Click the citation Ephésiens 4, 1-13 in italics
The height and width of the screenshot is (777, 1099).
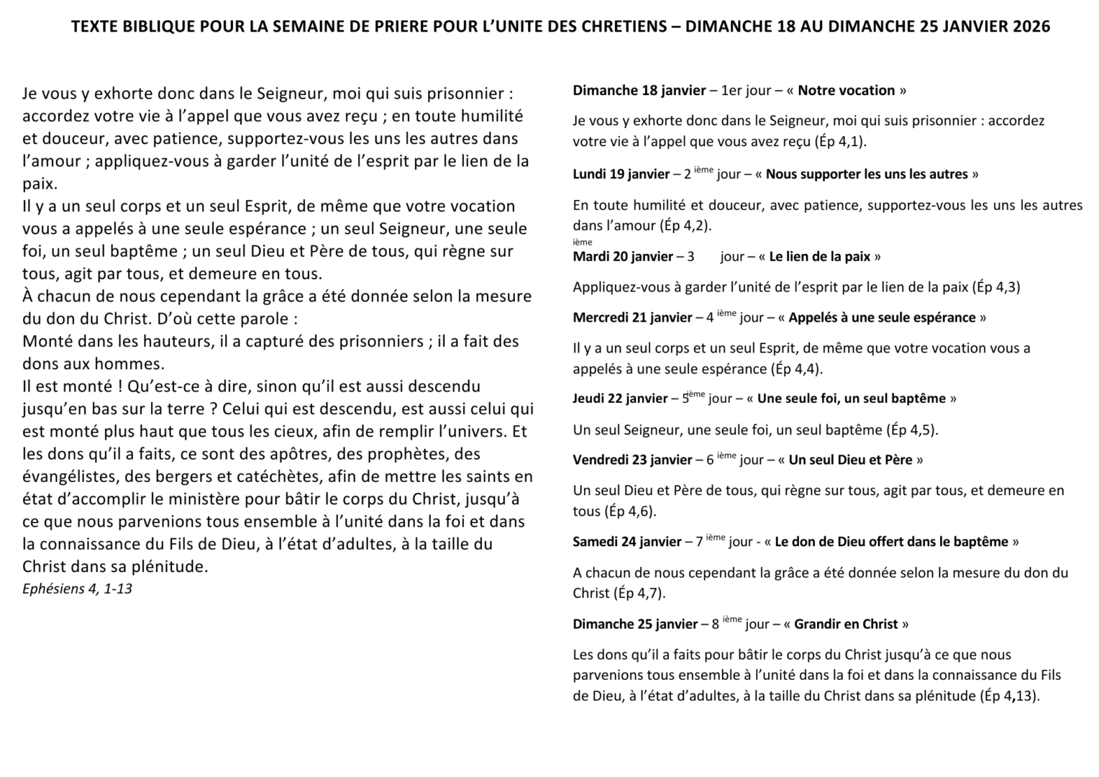(77, 589)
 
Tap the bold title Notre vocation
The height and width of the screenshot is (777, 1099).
(846, 91)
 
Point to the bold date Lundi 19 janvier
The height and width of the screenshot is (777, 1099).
(621, 174)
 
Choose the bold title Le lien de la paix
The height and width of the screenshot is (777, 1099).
(819, 257)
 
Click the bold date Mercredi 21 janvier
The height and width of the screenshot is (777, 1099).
(632, 317)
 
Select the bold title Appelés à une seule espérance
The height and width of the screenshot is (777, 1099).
(882, 317)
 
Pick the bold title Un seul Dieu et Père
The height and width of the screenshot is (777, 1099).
(851, 460)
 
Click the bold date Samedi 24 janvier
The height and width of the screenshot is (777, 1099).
(626, 542)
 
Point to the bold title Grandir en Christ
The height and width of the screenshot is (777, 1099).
(846, 624)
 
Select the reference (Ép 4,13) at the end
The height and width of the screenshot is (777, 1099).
(1009, 696)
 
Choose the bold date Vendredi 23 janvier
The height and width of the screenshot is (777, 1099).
(632, 460)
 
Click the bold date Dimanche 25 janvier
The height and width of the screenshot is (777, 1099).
(635, 624)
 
